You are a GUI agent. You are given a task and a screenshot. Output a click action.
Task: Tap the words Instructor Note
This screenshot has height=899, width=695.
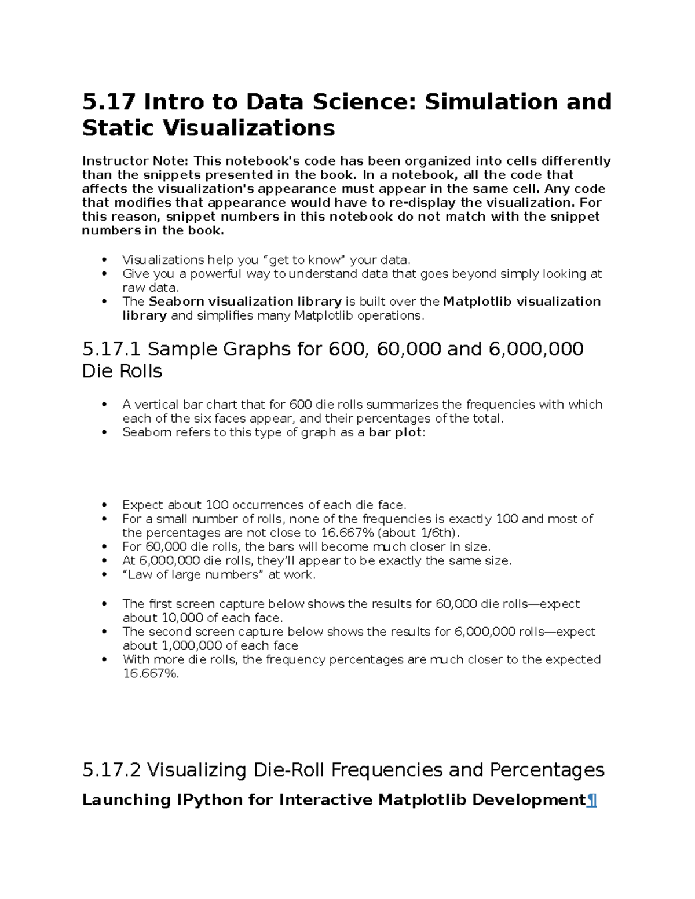point(136,161)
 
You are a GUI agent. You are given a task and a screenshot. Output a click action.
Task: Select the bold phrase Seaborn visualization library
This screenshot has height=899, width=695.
point(245,302)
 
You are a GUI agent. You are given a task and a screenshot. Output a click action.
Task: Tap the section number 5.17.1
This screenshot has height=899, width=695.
point(111,349)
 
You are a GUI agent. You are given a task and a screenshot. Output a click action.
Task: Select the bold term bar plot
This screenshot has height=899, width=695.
point(395,432)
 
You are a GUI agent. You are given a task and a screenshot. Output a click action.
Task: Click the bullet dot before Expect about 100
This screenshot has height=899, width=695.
point(104,505)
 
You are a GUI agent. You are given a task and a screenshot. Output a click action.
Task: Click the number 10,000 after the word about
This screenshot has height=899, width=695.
point(178,618)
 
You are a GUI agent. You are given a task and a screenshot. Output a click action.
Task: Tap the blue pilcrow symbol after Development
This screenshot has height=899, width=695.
point(592,801)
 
